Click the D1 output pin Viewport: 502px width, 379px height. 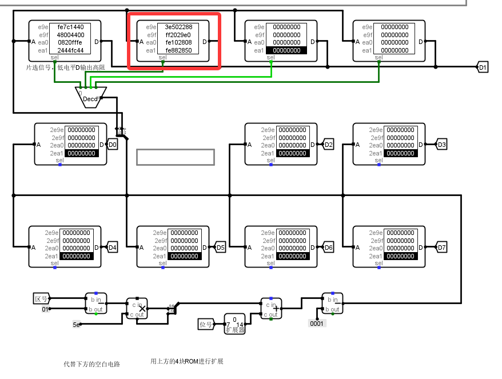[x=483, y=67]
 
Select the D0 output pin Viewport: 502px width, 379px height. [x=113, y=145]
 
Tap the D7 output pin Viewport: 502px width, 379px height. [x=441, y=248]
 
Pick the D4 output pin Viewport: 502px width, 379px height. [x=113, y=248]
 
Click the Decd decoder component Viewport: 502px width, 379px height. [x=90, y=97]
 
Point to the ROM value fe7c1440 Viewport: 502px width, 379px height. [x=70, y=27]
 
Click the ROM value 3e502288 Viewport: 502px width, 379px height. [x=178, y=27]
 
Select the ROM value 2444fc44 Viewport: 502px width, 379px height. [x=70, y=50]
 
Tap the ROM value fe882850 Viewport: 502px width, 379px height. [x=178, y=50]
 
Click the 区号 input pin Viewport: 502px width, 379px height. [x=41, y=298]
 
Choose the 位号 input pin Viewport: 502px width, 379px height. [x=205, y=325]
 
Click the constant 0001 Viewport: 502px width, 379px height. [x=317, y=324]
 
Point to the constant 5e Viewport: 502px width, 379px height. [x=76, y=325]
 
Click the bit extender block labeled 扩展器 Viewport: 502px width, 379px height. [x=234, y=325]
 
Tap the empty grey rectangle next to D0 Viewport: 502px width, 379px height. [x=175, y=157]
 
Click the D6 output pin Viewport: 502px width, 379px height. [x=328, y=248]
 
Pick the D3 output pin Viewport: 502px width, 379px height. [x=441, y=145]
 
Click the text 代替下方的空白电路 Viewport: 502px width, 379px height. [x=92, y=364]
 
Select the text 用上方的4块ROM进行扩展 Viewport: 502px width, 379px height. [x=186, y=361]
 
